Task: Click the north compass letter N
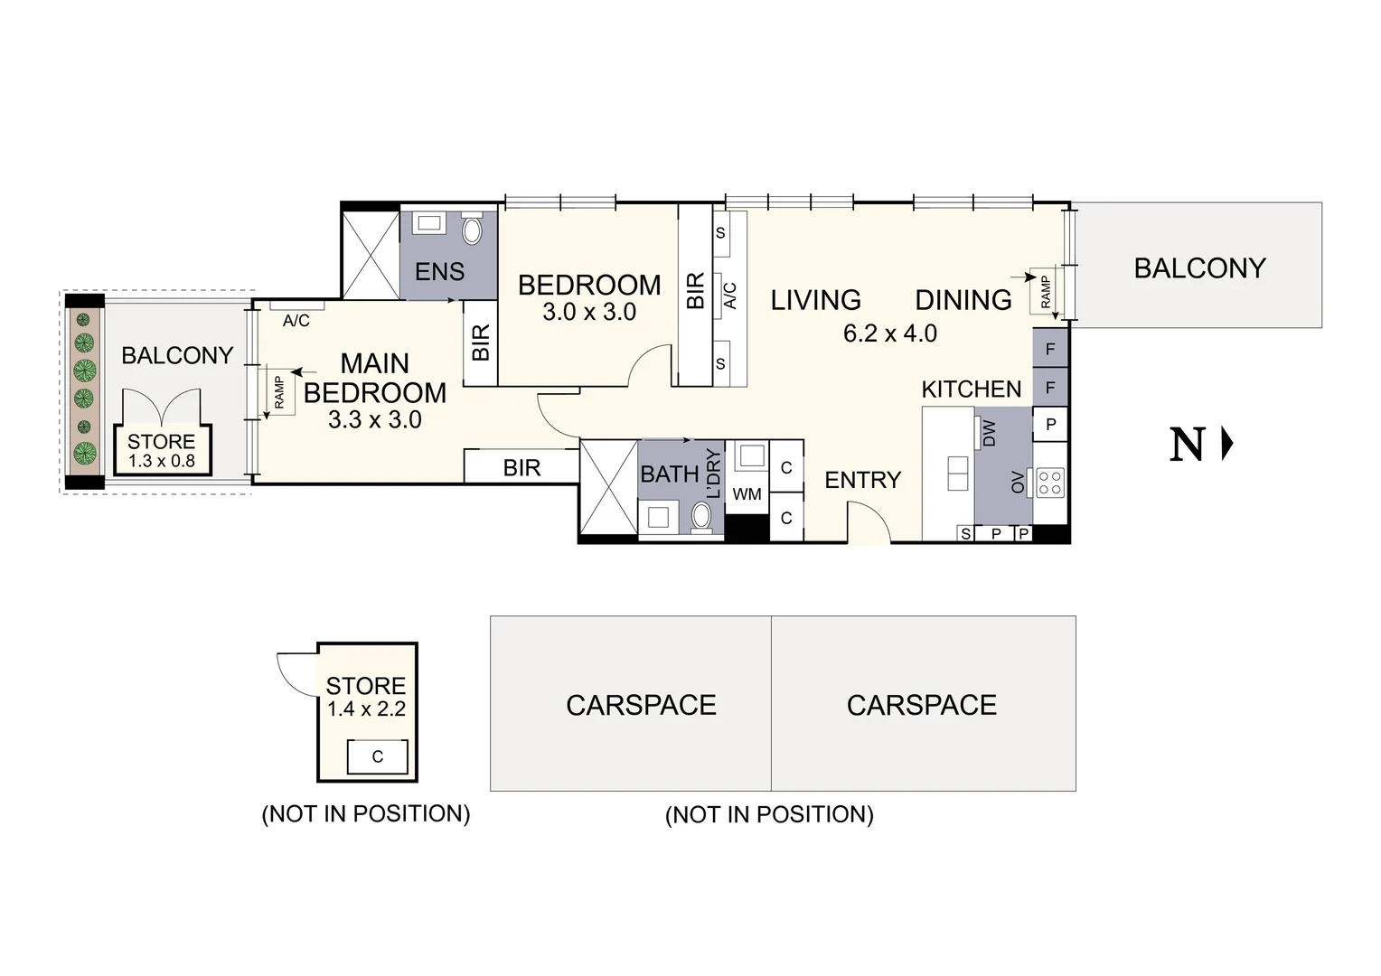(x=1188, y=445)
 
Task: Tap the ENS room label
(x=439, y=271)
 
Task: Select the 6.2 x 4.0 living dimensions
(x=889, y=333)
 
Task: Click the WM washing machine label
(x=747, y=494)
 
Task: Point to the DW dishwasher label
(x=989, y=433)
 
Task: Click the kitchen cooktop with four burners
(x=1049, y=482)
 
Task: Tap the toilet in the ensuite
(x=473, y=230)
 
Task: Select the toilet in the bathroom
(x=702, y=518)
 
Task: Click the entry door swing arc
(x=865, y=521)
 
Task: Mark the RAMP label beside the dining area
(x=1046, y=292)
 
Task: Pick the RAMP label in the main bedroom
(x=278, y=392)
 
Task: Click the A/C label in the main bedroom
(x=296, y=320)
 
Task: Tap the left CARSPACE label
(x=641, y=705)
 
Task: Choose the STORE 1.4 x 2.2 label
(x=366, y=697)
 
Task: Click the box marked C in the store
(x=378, y=756)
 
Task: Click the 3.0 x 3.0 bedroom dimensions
(x=589, y=313)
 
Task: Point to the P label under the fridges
(x=1050, y=424)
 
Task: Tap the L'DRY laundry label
(x=714, y=474)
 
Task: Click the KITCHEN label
(x=971, y=389)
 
